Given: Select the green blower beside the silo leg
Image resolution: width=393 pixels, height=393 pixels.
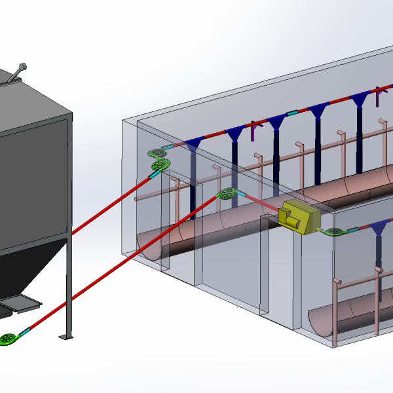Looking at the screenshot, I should (9, 339).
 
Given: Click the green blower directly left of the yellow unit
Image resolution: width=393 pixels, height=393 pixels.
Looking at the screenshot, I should (227, 194).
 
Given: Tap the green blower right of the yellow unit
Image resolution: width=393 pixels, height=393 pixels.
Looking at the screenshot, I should (334, 231).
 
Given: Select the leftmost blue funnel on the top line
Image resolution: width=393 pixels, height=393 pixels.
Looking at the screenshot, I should (193, 145).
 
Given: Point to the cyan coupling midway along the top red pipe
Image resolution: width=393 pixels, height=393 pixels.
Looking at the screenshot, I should (292, 112).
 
